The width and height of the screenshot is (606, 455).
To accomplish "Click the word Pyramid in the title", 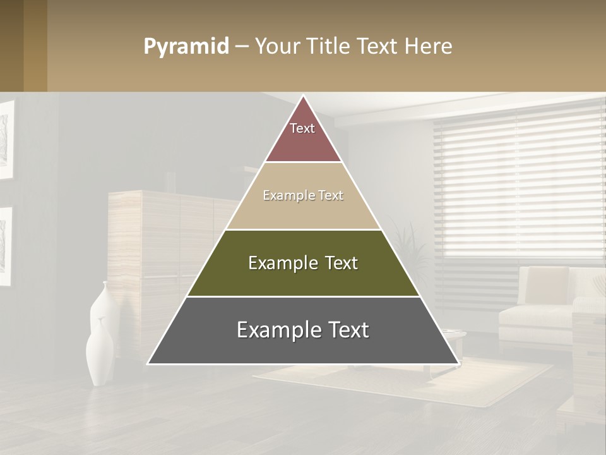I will click(186, 47).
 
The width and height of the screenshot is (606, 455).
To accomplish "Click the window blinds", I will click(518, 183).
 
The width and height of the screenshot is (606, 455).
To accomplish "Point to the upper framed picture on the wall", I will click(6, 139).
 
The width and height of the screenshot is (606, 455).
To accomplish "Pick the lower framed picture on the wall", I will click(5, 246).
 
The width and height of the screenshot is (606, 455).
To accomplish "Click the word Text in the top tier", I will click(302, 128).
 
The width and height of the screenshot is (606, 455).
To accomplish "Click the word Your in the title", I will click(275, 47).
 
